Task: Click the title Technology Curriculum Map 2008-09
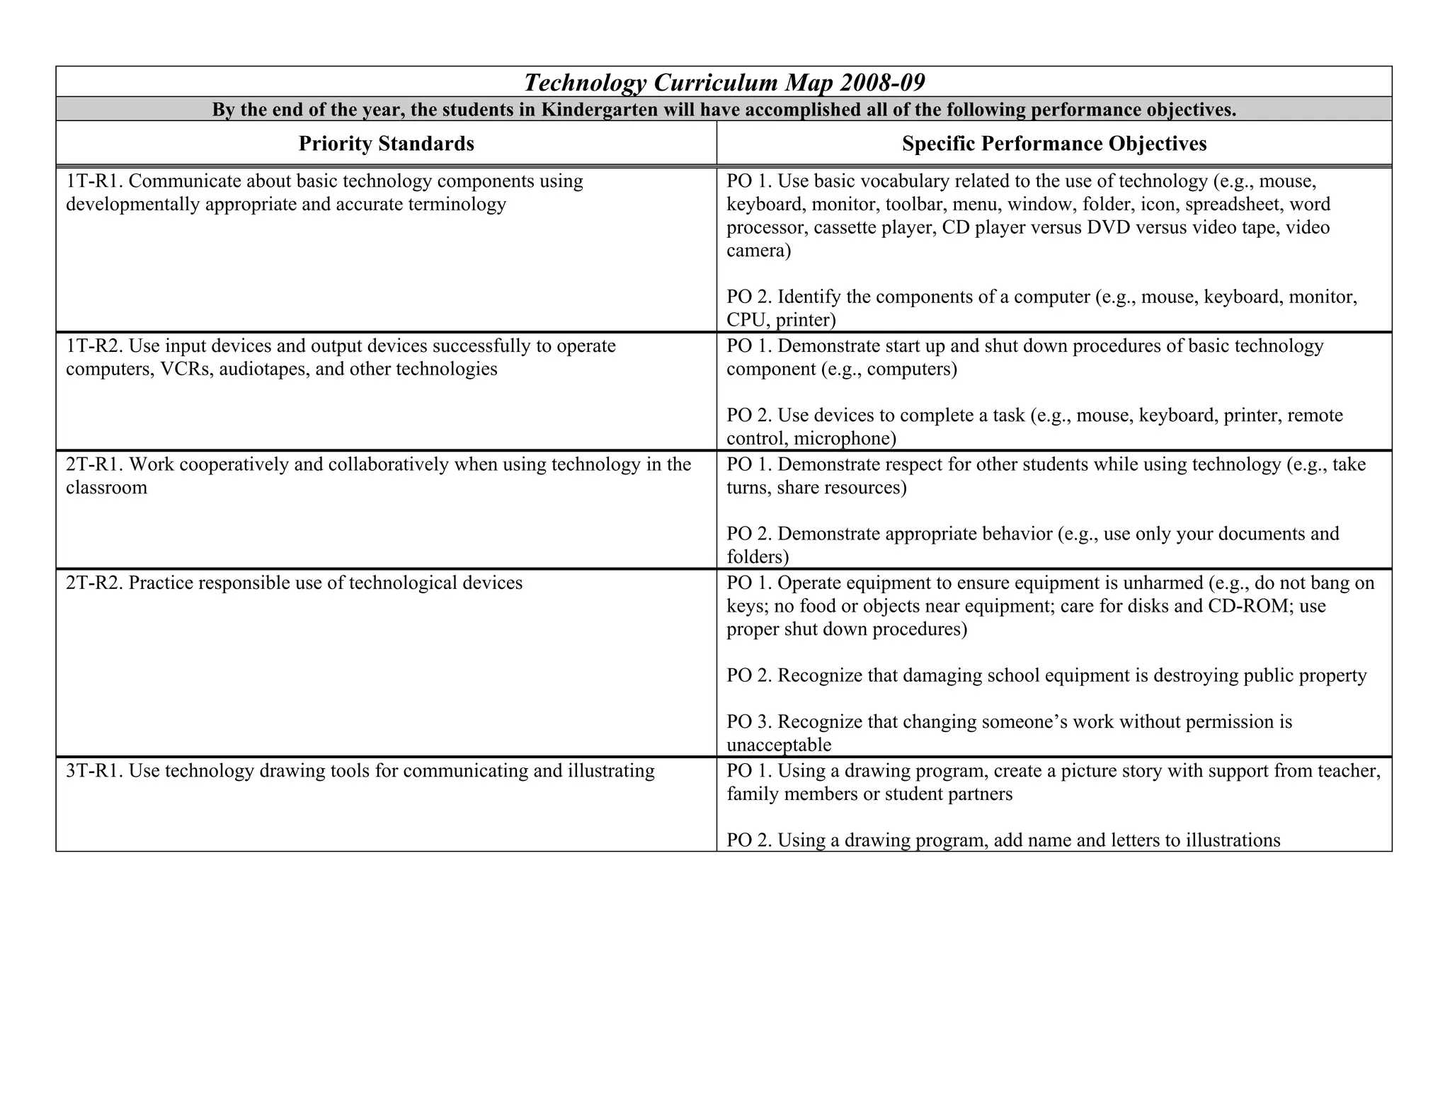[724, 83]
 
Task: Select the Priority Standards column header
[386, 144]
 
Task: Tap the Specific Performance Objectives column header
[1054, 144]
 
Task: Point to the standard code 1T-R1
[94, 181]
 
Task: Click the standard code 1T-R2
[94, 346]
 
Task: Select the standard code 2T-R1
[94, 464]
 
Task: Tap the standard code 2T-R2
[94, 583]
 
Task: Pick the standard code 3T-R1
[94, 770]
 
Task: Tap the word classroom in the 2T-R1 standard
[106, 488]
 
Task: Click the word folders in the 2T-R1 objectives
[757, 557]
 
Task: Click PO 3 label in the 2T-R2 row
[748, 722]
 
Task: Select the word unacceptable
[778, 745]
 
